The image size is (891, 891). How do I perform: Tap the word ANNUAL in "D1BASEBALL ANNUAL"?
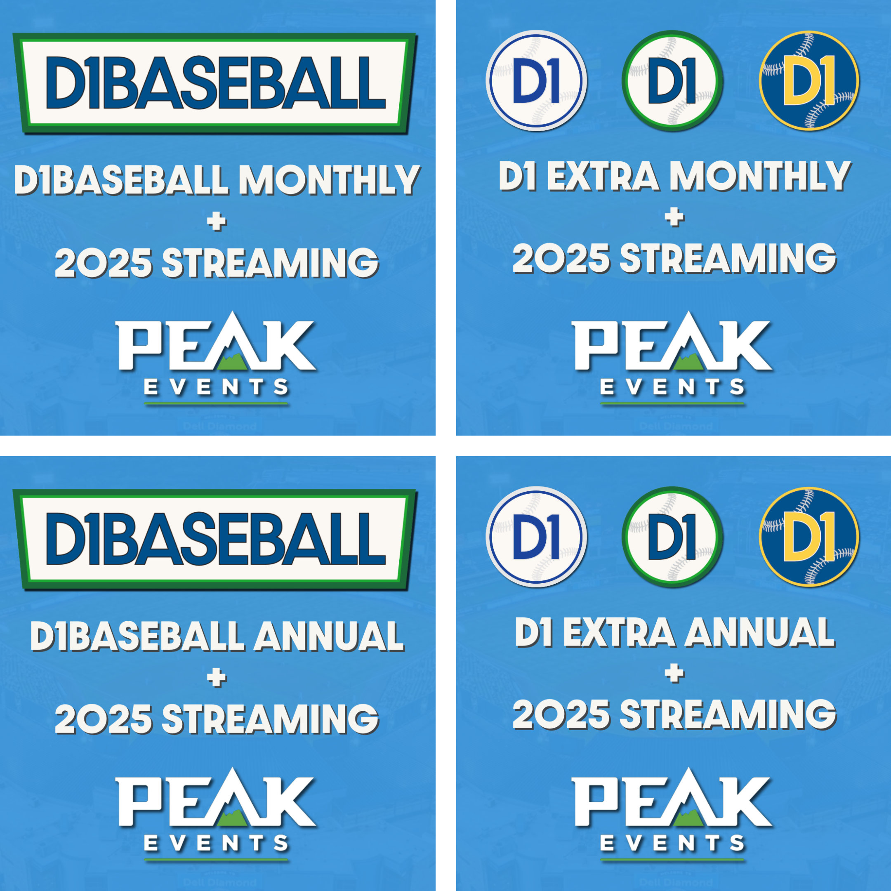pyautogui.click(x=328, y=636)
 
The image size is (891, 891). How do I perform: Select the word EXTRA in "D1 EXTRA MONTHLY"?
pyautogui.click(x=603, y=176)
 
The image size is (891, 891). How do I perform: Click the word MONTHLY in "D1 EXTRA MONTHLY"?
pyautogui.click(x=760, y=176)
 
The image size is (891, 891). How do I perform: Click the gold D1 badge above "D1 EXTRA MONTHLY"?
pyautogui.click(x=809, y=80)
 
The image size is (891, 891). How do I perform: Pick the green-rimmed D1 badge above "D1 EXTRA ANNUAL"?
pyautogui.click(x=672, y=537)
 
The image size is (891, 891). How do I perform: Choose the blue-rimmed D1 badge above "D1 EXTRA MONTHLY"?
pyautogui.click(x=536, y=80)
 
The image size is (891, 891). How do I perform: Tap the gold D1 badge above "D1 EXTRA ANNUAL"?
pyautogui.click(x=809, y=537)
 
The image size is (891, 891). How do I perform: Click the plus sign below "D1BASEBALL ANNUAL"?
pyautogui.click(x=217, y=678)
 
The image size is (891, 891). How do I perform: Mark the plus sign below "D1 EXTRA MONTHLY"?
pyautogui.click(x=675, y=217)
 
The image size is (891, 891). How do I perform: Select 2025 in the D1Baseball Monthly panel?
pyautogui.click(x=103, y=263)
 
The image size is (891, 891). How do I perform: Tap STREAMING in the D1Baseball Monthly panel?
pyautogui.click(x=270, y=263)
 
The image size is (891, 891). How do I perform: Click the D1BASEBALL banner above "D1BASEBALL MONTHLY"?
pyautogui.click(x=215, y=83)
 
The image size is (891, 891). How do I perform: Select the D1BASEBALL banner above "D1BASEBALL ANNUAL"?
pyautogui.click(x=215, y=540)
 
